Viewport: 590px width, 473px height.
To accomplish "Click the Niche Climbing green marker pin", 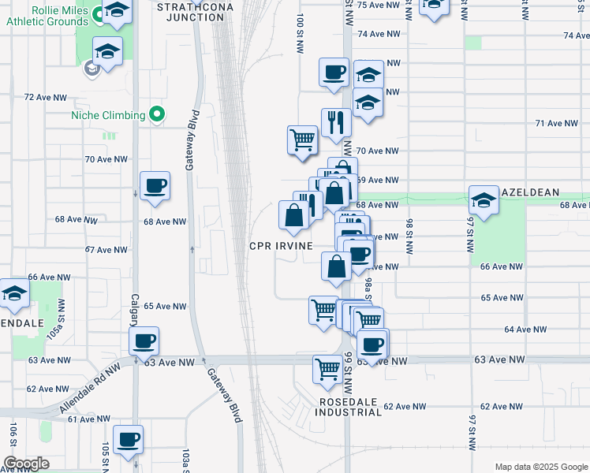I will tap(157, 115).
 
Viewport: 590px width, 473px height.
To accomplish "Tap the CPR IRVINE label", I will tap(282, 246).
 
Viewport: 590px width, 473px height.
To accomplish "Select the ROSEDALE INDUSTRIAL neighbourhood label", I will tap(350, 407).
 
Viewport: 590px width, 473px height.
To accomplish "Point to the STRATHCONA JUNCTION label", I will tap(190, 11).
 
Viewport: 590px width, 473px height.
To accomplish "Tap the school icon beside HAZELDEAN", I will tap(484, 200).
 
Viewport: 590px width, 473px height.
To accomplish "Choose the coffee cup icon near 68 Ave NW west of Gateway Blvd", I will tap(154, 187).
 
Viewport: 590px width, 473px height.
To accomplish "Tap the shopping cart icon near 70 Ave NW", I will tap(302, 140).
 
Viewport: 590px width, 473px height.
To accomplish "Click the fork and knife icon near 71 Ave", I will tap(336, 122).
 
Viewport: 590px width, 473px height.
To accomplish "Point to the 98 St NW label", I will tap(409, 236).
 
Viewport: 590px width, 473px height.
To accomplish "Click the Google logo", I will tap(26, 464).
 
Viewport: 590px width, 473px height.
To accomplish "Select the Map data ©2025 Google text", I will tap(540, 466).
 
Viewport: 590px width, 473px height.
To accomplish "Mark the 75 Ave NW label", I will tap(376, 5).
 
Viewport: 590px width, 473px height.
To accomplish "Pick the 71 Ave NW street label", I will tap(557, 124).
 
